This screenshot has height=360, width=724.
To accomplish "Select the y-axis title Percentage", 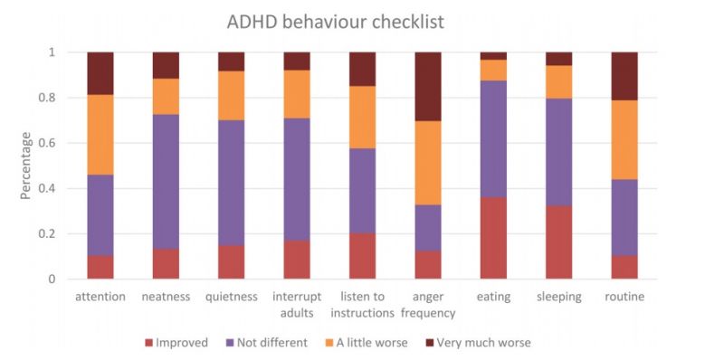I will coord(27,166).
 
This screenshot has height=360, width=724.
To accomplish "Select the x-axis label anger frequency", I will coord(428,305).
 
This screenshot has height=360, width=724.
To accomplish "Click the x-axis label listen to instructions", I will coord(363,305).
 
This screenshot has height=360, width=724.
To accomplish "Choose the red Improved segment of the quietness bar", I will coord(232,262).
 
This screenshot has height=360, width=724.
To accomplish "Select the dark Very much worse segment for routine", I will coord(624,76).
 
